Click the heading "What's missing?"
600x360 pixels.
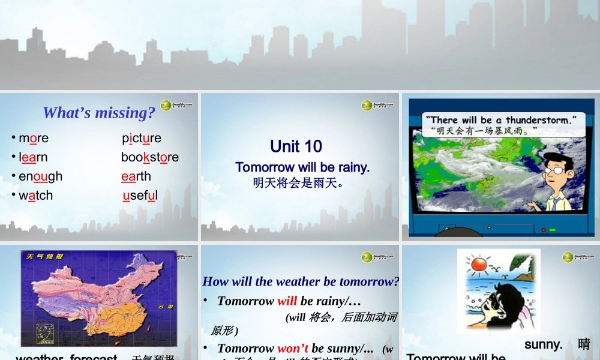coord(99,112)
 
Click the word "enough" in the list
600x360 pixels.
coord(40,176)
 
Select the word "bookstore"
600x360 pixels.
coord(150,157)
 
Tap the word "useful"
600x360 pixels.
coord(140,196)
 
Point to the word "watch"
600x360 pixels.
coord(35,196)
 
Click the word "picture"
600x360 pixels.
coord(142,138)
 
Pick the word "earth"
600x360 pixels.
coord(136,176)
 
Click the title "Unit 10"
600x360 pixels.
coord(296,146)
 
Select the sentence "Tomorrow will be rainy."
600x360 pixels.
coord(302,167)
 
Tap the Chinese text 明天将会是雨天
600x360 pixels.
coord(298,182)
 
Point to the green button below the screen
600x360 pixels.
coord(553,230)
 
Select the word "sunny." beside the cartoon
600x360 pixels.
coord(543,344)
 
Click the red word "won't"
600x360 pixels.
coord(293,349)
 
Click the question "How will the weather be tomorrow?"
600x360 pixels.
coord(301,281)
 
